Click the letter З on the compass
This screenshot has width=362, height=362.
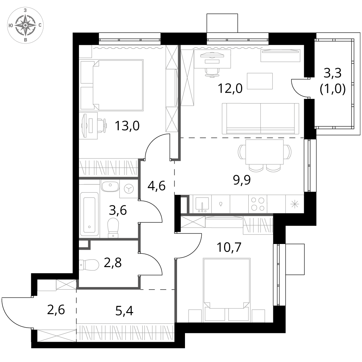point(25,10)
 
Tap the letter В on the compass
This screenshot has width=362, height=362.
point(25,39)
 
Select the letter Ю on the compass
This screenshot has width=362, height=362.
point(11,25)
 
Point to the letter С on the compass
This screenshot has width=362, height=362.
point(39,25)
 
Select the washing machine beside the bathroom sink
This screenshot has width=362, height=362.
point(129,189)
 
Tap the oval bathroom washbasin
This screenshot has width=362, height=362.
point(110,186)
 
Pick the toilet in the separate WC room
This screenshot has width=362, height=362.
point(89,265)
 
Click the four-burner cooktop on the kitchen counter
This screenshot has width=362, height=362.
point(258,204)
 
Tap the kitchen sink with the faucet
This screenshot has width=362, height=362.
point(202,204)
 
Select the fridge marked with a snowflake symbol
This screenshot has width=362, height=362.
point(295,204)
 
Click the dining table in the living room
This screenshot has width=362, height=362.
point(265,152)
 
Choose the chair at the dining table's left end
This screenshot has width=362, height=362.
point(241,152)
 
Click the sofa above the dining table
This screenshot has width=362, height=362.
point(261,118)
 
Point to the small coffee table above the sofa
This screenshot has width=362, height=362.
point(260,81)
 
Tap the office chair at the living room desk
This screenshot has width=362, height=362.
point(212,72)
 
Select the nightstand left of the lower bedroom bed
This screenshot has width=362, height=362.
point(195,316)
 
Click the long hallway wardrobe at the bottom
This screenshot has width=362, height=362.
point(125,332)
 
